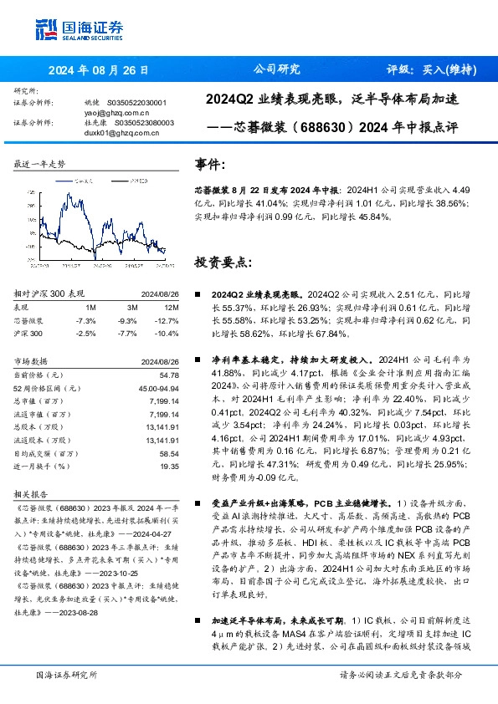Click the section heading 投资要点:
[x=222, y=262]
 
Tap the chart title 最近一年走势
[x=39, y=165]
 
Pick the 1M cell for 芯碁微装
[x=85, y=320]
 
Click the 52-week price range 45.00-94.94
[x=158, y=390]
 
